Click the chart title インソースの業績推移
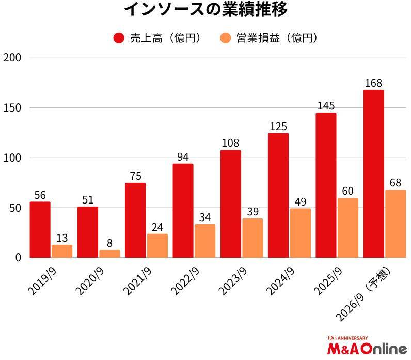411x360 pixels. tap(206, 9)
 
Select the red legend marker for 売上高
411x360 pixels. tap(119, 38)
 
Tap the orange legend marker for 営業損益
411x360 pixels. tap(225, 38)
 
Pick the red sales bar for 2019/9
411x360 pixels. tap(40, 229)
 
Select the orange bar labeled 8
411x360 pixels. tap(109, 254)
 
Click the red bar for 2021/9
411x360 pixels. tap(135, 220)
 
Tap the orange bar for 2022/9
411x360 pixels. tap(205, 241)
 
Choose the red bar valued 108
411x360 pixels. tap(231, 204)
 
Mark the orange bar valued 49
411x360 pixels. tap(301, 233)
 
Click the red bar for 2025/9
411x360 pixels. tap(326, 185)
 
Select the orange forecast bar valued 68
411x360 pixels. tap(396, 224)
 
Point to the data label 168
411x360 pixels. tap(373, 83)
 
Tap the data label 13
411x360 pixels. tap(62, 238)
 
